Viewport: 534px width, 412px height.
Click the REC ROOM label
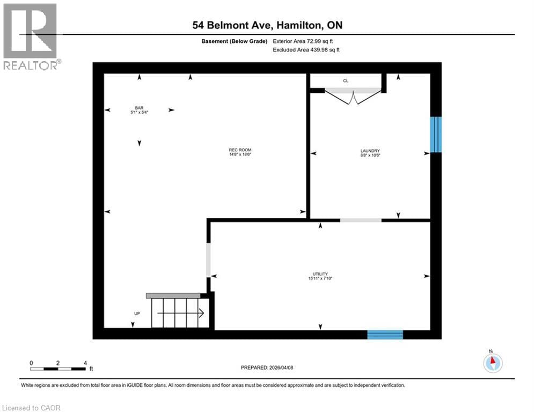pos(240,150)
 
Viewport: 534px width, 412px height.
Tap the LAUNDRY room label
pos(370,151)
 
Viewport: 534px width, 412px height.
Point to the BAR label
pos(139,108)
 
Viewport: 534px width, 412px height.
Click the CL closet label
pos(346,81)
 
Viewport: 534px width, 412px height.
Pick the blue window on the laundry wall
pos(436,135)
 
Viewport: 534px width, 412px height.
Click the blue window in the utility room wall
pos(385,335)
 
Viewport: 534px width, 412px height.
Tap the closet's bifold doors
pos(353,97)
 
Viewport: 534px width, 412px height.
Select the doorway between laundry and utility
pos(361,220)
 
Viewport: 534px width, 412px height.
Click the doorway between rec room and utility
pos(209,260)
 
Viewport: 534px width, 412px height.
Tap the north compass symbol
pos(492,363)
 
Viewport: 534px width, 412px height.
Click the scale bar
pos(58,369)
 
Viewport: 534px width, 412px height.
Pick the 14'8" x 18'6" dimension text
pos(240,154)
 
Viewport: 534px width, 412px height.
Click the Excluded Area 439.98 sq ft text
pos(306,50)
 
